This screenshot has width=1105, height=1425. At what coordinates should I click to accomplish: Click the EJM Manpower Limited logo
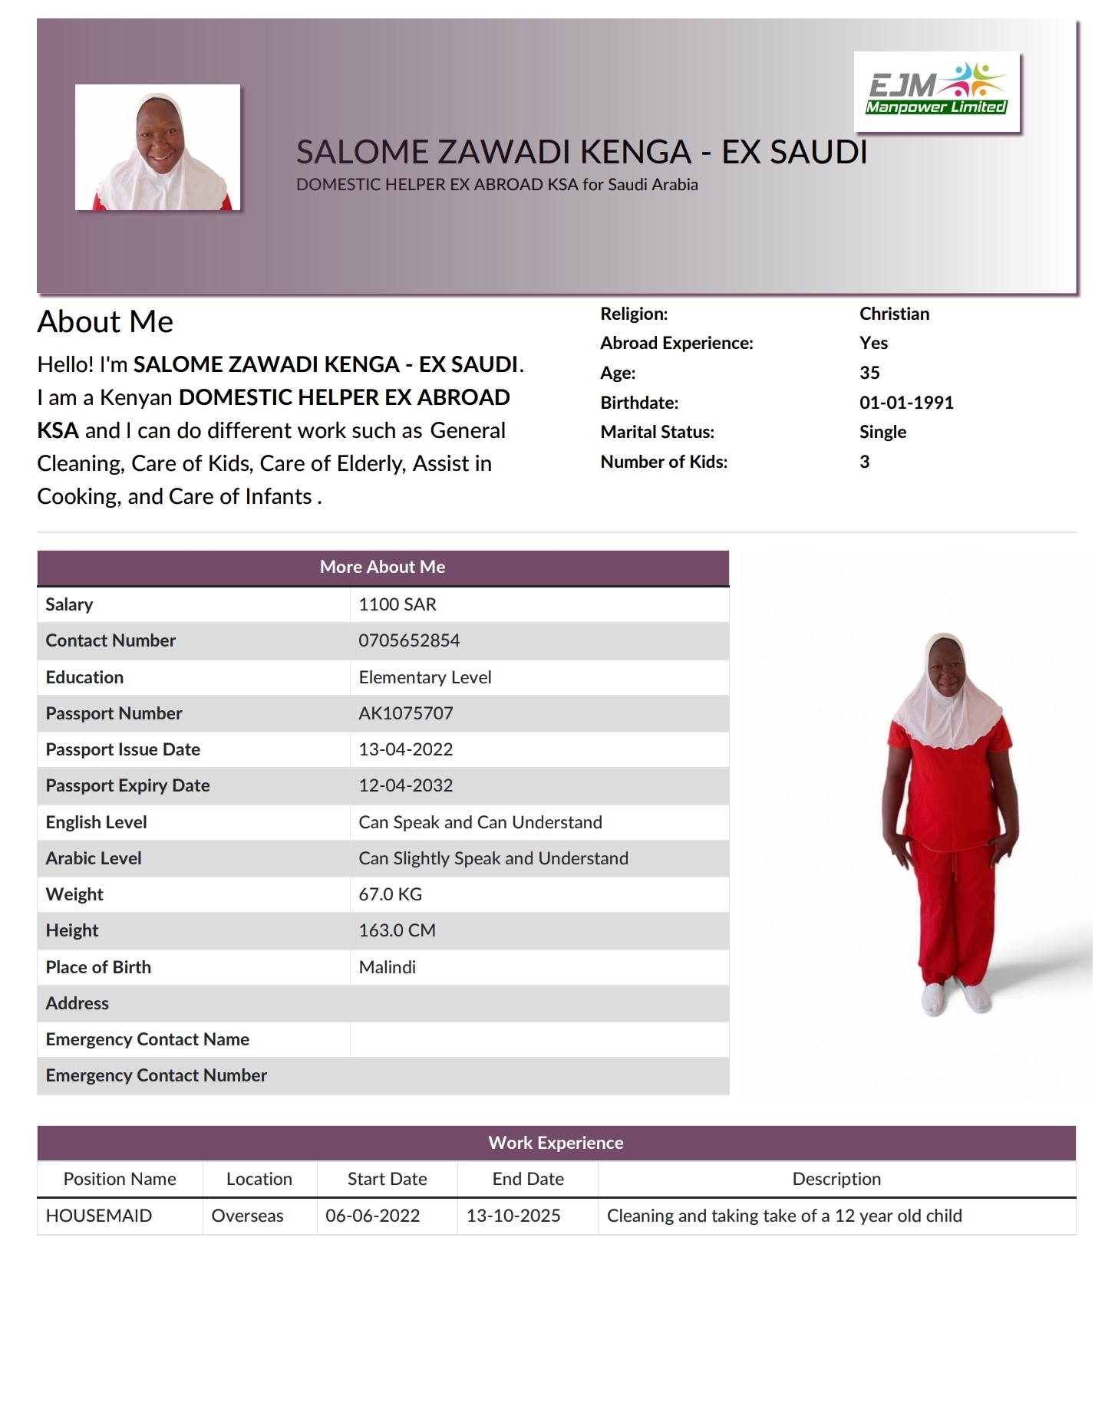tap(936, 91)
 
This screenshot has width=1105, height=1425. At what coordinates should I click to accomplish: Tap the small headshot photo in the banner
tap(157, 147)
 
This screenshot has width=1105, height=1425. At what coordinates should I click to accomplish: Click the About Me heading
tap(105, 321)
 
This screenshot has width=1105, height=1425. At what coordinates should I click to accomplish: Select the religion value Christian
tap(894, 314)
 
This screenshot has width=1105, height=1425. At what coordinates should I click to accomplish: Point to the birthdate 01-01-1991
tap(906, 403)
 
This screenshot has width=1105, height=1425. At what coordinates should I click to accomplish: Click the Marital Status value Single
tap(882, 432)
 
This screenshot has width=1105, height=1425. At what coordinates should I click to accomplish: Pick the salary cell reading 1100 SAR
tap(397, 604)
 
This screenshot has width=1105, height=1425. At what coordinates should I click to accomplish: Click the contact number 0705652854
tap(409, 640)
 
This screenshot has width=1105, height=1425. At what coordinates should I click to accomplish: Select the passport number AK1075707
tap(406, 713)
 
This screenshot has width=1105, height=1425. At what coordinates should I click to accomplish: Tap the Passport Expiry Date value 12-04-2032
tap(406, 785)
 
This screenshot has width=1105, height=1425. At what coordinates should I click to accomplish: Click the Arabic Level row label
tap(94, 858)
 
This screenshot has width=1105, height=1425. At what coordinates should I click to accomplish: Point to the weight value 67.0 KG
tap(391, 894)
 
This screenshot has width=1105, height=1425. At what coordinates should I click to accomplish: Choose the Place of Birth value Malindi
tap(388, 967)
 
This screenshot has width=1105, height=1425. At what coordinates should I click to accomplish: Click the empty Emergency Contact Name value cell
tap(539, 1039)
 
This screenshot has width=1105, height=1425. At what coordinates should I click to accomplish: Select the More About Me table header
tap(383, 567)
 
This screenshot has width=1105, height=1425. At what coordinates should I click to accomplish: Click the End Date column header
tap(528, 1179)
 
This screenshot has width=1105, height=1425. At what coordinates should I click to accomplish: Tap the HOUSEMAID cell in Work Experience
tap(99, 1216)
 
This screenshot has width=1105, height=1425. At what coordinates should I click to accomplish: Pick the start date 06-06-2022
tap(373, 1216)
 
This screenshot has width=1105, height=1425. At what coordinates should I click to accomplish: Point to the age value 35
tap(869, 373)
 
